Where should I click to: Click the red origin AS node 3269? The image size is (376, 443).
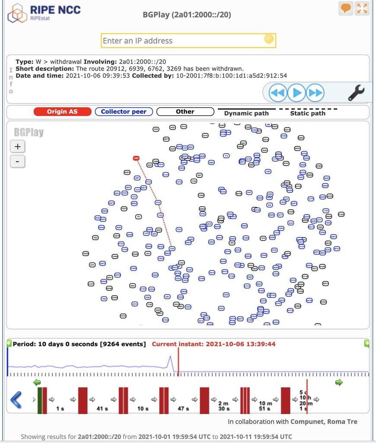tap(136, 158)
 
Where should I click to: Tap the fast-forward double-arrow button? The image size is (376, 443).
tap(315, 93)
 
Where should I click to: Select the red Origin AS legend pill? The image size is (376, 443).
tap(63, 112)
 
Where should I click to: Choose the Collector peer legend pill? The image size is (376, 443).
tap(124, 112)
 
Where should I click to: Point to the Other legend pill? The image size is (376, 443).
tap(185, 112)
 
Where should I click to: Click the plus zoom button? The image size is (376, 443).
tap(17, 146)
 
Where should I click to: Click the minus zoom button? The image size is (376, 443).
tap(17, 162)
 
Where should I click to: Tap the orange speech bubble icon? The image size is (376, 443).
tap(346, 8)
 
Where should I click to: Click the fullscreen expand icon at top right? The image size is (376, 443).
tap(362, 8)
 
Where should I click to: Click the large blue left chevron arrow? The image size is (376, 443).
tap(16, 400)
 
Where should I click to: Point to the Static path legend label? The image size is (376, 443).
tap(307, 113)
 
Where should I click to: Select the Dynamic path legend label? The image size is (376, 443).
tap(246, 113)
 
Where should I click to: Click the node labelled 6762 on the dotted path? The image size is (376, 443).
tap(158, 202)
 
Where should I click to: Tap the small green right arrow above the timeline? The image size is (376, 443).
tap(339, 382)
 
